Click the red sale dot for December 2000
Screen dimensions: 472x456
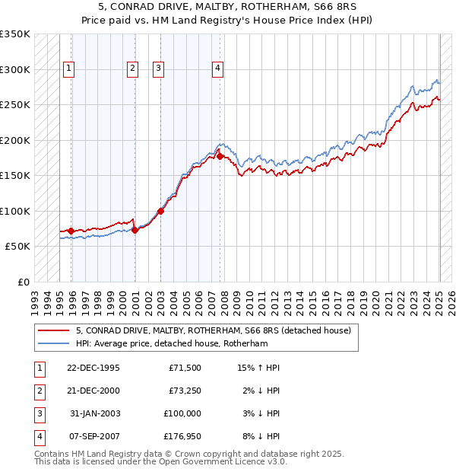[x=135, y=229]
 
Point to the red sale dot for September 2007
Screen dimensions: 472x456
[x=220, y=156]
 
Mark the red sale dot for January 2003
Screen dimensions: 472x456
[x=161, y=211]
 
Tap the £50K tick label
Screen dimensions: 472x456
[x=17, y=247]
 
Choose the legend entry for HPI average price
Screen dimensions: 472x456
[x=161, y=343]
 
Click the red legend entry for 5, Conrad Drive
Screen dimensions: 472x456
[x=213, y=331]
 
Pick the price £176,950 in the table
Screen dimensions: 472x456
[x=182, y=436]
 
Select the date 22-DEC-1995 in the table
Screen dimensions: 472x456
[x=93, y=368]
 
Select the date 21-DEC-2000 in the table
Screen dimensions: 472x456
[x=93, y=391]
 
